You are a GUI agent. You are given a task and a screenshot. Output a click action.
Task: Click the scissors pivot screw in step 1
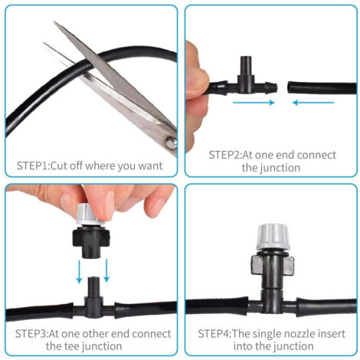(171, 143)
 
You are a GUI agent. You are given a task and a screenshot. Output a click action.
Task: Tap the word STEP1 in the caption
(32, 166)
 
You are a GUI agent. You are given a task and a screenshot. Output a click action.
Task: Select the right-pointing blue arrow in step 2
(254, 103)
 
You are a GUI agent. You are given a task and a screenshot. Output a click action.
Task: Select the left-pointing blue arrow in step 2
(313, 103)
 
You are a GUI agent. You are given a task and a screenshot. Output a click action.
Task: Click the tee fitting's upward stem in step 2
(246, 66)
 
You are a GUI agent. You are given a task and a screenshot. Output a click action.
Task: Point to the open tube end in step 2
(290, 88)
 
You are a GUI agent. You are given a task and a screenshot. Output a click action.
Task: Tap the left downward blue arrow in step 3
(79, 272)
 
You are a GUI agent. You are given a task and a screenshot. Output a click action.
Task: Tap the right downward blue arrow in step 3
(106, 270)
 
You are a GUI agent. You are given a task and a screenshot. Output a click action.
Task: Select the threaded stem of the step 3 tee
(93, 286)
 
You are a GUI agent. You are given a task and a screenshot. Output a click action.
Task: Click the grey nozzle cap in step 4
(273, 237)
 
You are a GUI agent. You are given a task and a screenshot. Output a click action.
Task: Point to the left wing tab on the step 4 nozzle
(257, 265)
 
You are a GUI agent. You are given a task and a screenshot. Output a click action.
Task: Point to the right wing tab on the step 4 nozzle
(289, 266)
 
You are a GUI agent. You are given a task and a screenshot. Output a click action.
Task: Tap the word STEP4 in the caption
(214, 334)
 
